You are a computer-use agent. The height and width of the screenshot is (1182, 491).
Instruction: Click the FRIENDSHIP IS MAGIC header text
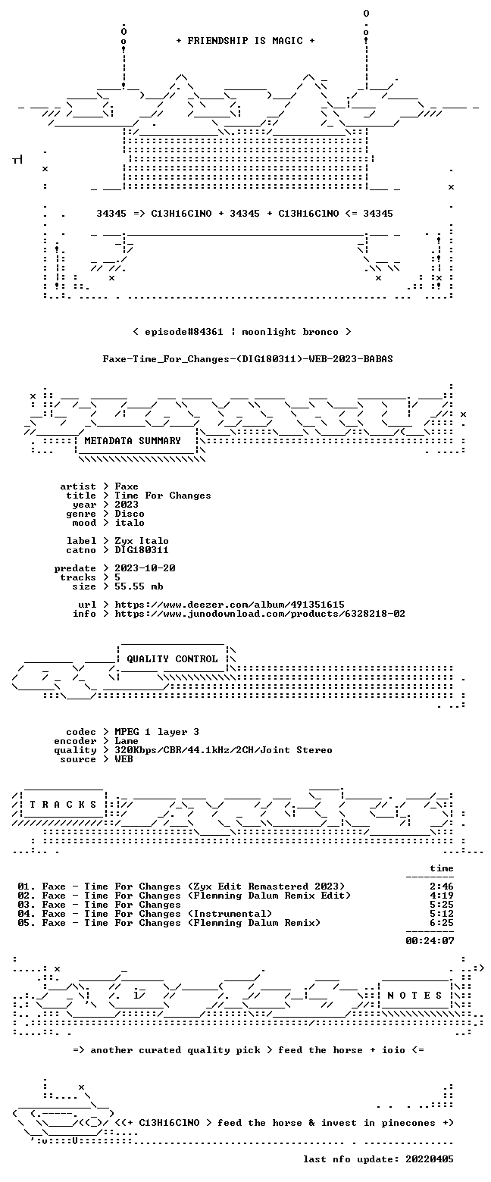click(x=245, y=41)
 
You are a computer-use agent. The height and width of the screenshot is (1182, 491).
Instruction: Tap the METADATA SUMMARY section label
click(x=133, y=441)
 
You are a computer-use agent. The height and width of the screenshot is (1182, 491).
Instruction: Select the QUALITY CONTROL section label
click(x=172, y=659)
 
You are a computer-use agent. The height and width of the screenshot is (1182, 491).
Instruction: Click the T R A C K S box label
click(x=64, y=805)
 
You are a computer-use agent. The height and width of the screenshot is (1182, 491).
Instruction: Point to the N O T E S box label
click(x=415, y=995)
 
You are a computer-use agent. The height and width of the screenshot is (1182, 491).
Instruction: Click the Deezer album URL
click(x=230, y=605)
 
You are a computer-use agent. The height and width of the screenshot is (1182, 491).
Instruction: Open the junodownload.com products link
click(x=260, y=614)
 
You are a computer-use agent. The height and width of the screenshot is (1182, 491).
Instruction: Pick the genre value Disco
click(x=130, y=514)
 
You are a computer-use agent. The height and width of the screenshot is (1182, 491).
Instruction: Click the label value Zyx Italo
click(x=142, y=541)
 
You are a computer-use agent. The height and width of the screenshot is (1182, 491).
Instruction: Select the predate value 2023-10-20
click(x=145, y=568)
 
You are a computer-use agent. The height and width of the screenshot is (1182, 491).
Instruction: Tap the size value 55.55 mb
click(x=139, y=586)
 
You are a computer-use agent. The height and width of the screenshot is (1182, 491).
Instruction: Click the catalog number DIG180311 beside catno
click(x=142, y=550)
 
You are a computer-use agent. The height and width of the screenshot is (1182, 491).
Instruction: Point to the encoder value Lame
click(x=127, y=741)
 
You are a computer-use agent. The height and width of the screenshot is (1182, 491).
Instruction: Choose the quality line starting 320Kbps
click(x=224, y=750)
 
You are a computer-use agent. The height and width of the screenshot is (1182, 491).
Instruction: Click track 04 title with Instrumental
click(x=145, y=914)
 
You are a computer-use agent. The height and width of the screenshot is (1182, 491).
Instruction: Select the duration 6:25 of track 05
click(x=442, y=922)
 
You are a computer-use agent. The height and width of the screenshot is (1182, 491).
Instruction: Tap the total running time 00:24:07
click(x=430, y=940)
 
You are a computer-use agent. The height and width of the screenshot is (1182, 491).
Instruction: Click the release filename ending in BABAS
click(x=248, y=359)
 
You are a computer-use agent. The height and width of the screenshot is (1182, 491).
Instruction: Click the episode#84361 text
click(x=183, y=332)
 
